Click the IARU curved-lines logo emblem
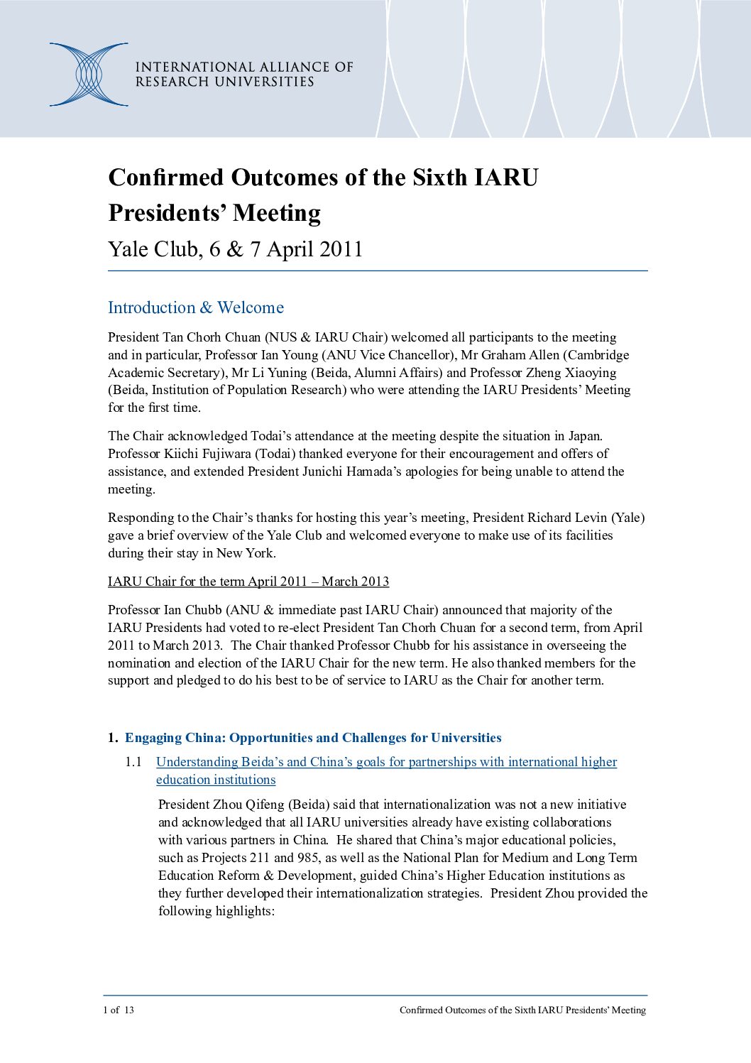click(x=89, y=75)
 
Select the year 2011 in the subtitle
click(x=341, y=249)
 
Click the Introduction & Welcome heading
click(x=196, y=307)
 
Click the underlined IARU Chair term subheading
click(x=248, y=582)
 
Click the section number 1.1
click(x=133, y=762)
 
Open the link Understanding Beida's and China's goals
click(x=386, y=762)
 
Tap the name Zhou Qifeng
click(x=248, y=805)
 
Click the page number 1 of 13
click(x=119, y=1010)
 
